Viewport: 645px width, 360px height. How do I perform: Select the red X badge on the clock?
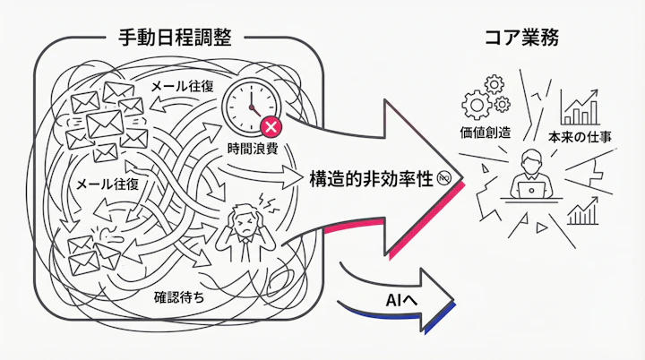click(x=268, y=128)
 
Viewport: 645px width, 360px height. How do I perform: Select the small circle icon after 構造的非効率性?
click(x=445, y=179)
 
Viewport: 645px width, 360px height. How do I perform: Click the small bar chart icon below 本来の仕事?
click(x=583, y=213)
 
